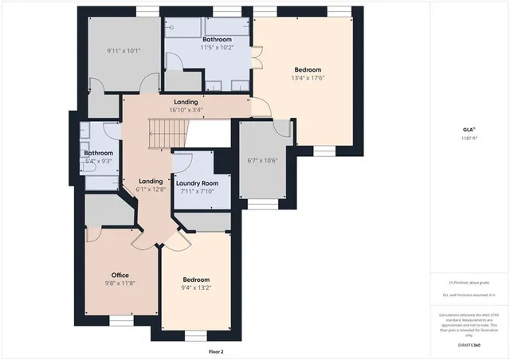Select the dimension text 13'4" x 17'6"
(308, 78)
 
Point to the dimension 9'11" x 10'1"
(123, 51)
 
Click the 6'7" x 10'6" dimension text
(262, 160)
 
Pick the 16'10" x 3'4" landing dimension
(186, 110)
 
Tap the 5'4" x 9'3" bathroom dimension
(99, 161)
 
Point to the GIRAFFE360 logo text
(469, 346)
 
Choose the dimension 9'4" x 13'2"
(196, 288)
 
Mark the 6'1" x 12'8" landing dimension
(151, 190)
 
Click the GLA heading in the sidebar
(469, 129)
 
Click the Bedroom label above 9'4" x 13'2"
(196, 280)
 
